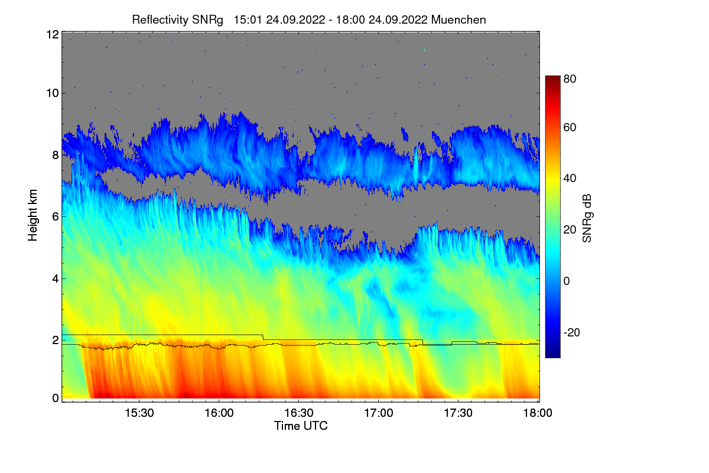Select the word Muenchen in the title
[x=458, y=20]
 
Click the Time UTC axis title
[x=301, y=426]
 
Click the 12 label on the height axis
[x=52, y=35]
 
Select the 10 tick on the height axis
[x=52, y=93]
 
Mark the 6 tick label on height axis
[x=55, y=216]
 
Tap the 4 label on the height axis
[x=55, y=278]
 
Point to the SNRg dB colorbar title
[x=587, y=217]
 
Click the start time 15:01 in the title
[x=247, y=20]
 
